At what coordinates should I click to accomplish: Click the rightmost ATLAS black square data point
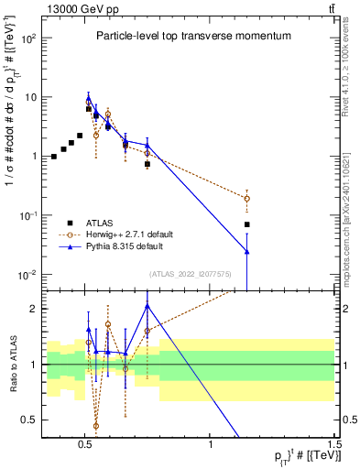click(246, 224)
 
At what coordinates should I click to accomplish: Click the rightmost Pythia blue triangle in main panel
click(246, 251)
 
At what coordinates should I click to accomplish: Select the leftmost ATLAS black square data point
click(54, 157)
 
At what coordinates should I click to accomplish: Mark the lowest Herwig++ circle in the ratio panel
click(96, 426)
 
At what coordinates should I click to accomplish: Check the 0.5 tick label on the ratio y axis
click(28, 420)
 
